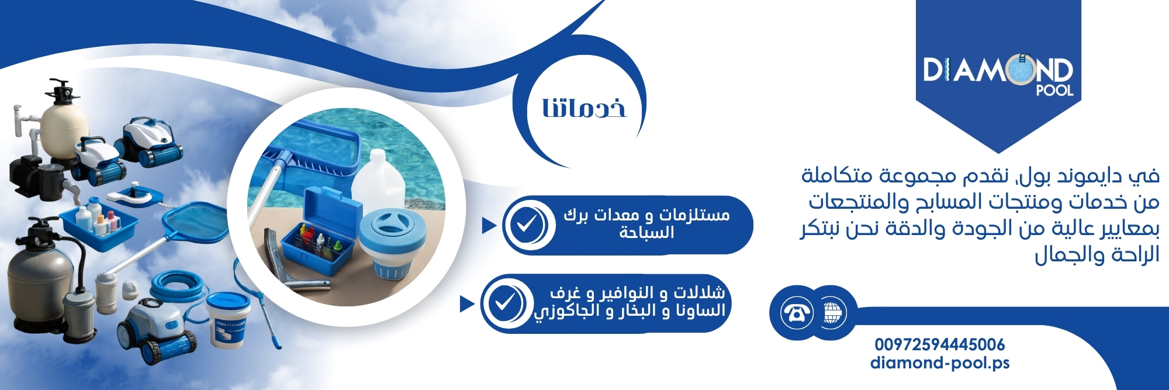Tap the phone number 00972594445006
(940, 344)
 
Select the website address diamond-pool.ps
(940, 363)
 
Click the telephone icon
(797, 312)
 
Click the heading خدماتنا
(584, 108)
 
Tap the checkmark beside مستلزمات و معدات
(526, 225)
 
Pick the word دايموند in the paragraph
(1101, 175)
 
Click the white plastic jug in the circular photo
(379, 179)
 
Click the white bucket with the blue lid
(228, 319)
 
